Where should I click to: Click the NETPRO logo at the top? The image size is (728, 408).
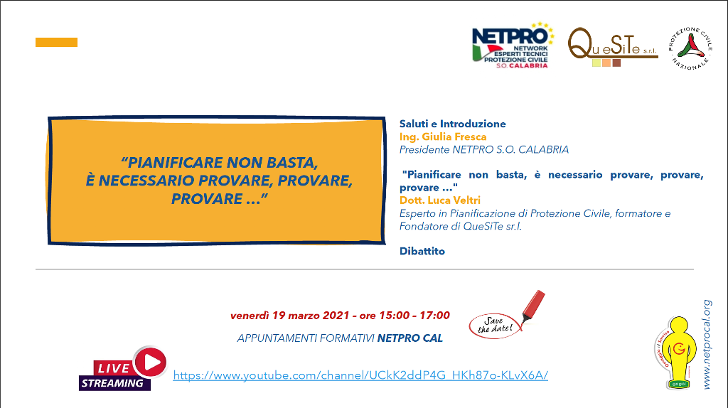tap(513, 45)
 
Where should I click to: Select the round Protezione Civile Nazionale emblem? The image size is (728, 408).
tap(690, 48)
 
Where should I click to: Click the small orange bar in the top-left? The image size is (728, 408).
tap(56, 42)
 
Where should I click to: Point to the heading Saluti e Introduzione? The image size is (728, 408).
tap(453, 124)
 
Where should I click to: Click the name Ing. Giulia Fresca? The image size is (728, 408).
tap(443, 137)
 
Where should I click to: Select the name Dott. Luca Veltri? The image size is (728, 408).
tap(439, 200)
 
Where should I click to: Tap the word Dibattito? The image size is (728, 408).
tap(422, 251)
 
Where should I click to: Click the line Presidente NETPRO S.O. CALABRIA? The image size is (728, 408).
tap(483, 150)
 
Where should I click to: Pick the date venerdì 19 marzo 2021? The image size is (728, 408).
tap(290, 316)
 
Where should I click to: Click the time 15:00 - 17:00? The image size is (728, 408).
tap(414, 316)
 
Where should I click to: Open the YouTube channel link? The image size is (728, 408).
tap(360, 375)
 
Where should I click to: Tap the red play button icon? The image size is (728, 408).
tap(150, 362)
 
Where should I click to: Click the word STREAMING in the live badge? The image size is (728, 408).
tap(112, 383)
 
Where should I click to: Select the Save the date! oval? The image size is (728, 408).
tap(495, 326)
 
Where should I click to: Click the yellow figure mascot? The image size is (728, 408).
tap(678, 353)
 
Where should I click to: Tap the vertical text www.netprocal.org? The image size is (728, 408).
tap(707, 345)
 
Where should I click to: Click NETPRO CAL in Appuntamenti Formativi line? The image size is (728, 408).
tap(410, 338)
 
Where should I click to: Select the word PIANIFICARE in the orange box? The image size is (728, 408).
tap(176, 163)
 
